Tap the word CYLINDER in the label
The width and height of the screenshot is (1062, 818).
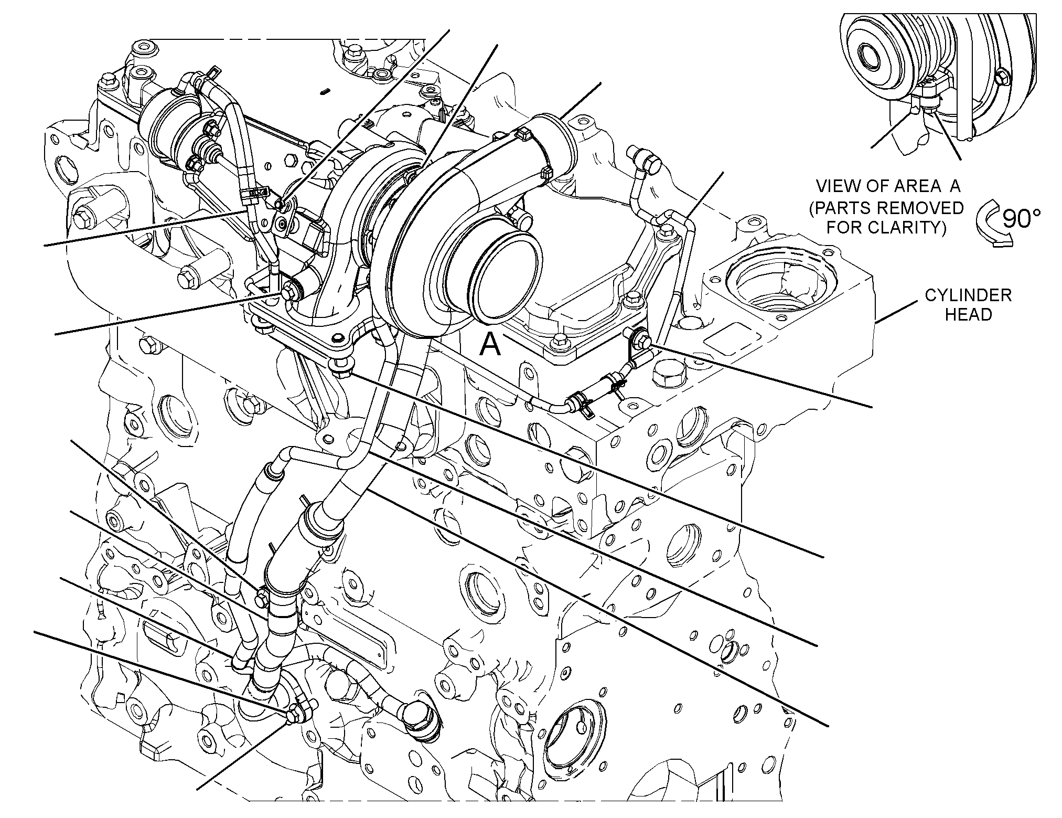[968, 295]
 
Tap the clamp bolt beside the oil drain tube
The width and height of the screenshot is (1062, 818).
[261, 597]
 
